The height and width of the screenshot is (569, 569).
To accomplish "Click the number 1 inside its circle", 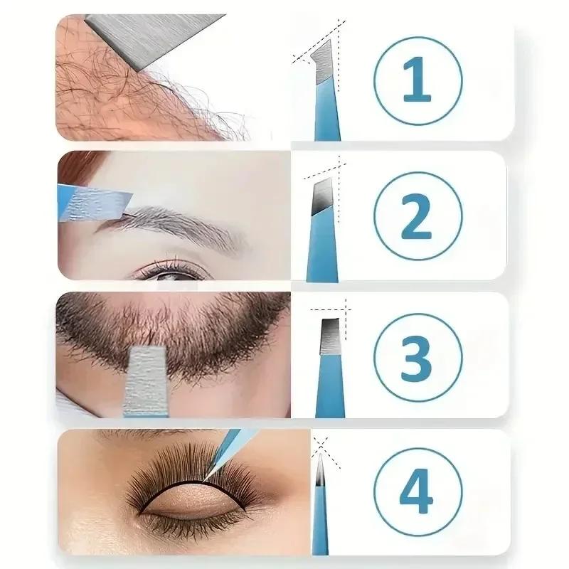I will pos(416,80).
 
